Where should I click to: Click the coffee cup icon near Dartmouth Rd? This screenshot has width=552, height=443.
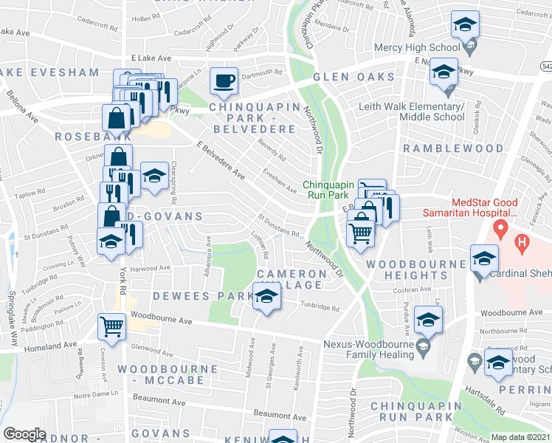click(224, 80)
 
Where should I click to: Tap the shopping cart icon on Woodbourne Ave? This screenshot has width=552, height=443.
click(111, 325)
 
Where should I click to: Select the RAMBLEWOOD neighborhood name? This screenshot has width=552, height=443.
click(453, 148)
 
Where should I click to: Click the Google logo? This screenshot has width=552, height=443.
click(24, 434)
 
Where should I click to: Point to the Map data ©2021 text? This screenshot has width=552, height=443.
click(521, 437)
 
